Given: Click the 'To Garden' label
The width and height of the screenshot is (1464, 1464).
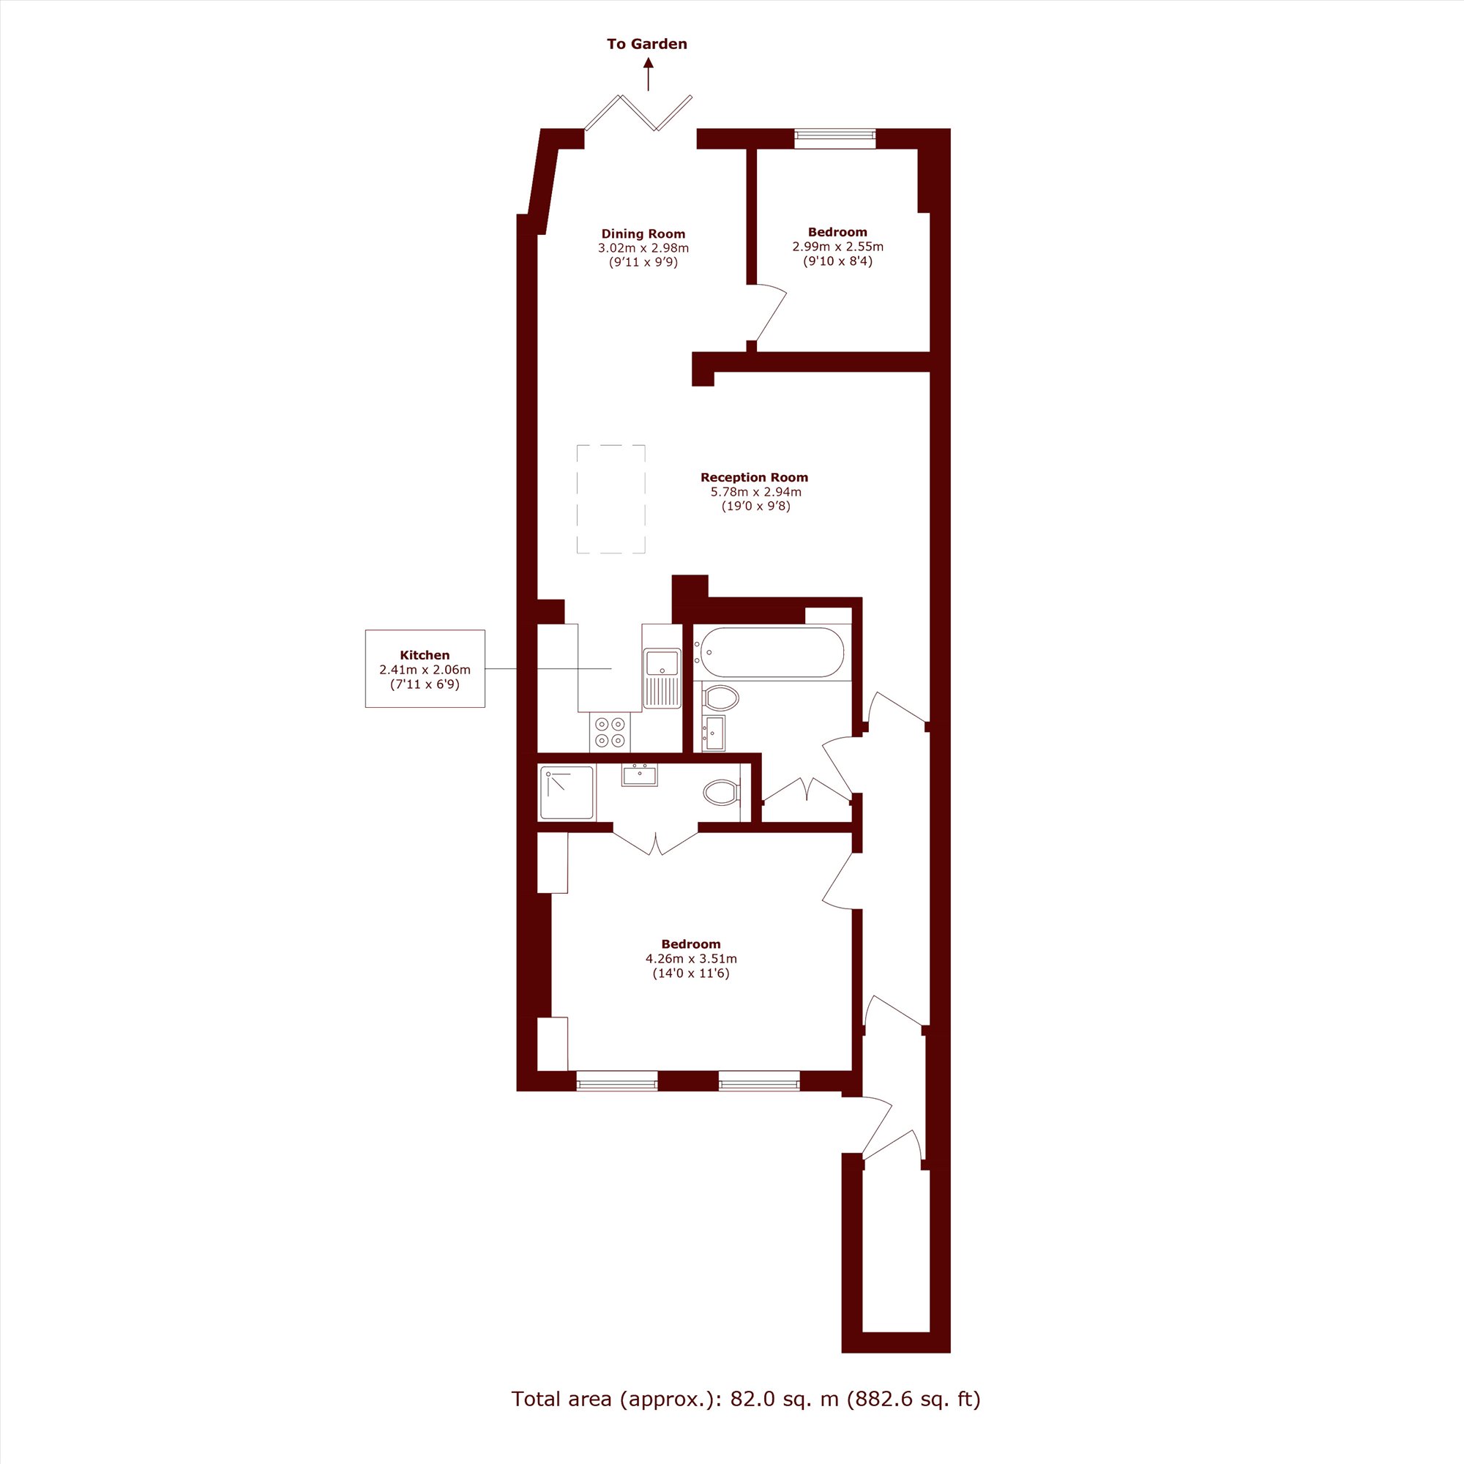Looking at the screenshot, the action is click(x=646, y=44).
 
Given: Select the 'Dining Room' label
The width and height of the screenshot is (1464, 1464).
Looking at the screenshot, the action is click(x=643, y=234).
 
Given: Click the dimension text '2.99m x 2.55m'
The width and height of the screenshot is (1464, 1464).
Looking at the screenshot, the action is click(x=837, y=246).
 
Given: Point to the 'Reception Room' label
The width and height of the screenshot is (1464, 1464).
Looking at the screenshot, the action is click(x=754, y=477).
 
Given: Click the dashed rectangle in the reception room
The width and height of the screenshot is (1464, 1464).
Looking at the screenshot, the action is click(x=610, y=499).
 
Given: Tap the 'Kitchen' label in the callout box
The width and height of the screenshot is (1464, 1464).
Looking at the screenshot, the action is click(x=425, y=655).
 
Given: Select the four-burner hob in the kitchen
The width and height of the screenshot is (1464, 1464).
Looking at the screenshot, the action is click(x=610, y=731).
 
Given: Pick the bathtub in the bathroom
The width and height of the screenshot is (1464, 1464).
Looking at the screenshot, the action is click(x=772, y=652).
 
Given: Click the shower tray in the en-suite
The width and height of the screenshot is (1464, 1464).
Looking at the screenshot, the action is click(x=567, y=793).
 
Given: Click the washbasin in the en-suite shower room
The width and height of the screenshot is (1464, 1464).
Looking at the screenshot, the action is click(x=640, y=775).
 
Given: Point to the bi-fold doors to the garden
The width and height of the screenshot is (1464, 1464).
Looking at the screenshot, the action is click(x=638, y=111).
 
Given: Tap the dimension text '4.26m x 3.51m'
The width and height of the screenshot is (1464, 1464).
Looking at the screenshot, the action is click(x=691, y=959).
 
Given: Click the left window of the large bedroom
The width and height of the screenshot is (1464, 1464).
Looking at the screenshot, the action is click(x=617, y=1080).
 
